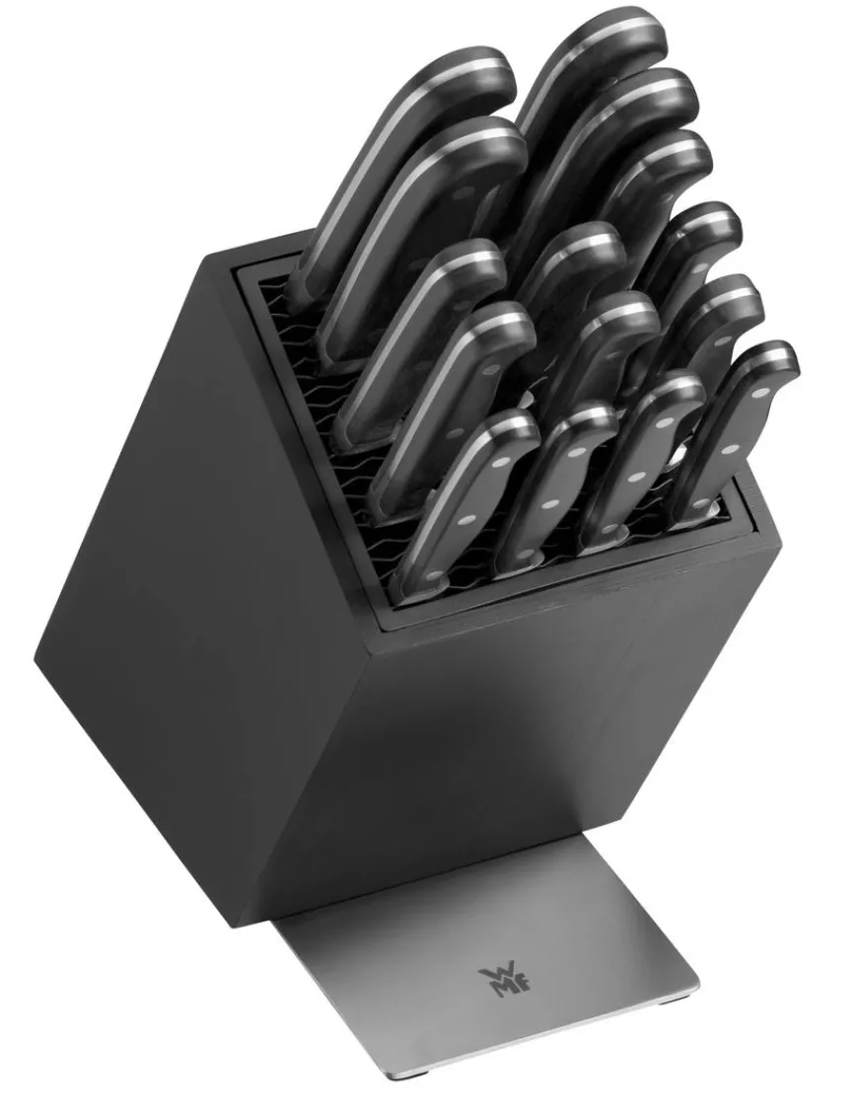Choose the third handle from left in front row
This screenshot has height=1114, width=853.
643,462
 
